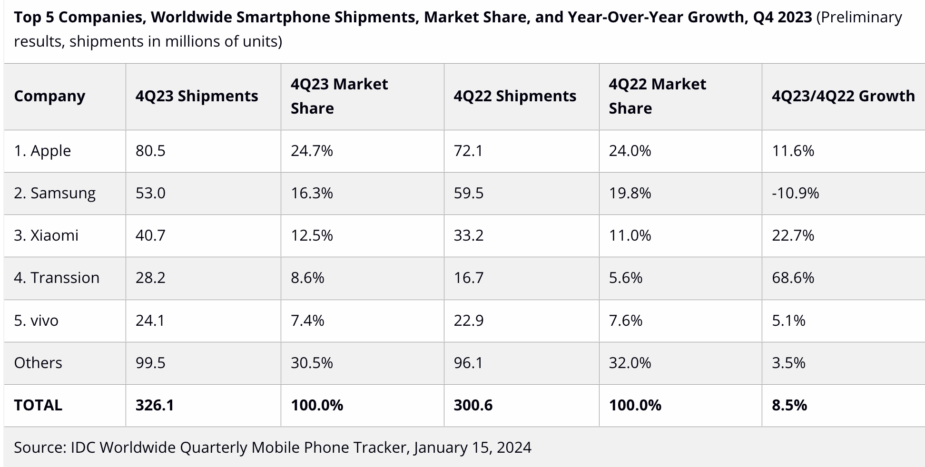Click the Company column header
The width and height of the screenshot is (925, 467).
(x=49, y=96)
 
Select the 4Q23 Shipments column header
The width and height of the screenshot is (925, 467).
(x=197, y=96)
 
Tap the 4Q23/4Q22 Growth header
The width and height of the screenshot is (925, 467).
(x=843, y=96)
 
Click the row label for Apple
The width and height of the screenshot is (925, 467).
(x=42, y=151)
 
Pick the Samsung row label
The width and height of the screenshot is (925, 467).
(x=55, y=193)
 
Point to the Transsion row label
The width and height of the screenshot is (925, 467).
(x=57, y=278)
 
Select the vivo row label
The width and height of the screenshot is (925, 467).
(x=36, y=321)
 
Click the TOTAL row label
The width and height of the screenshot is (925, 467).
(x=38, y=405)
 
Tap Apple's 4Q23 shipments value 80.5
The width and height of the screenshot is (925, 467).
(x=150, y=151)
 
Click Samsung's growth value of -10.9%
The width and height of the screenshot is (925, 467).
(x=795, y=193)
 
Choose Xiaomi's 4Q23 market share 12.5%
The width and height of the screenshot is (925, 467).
(x=312, y=235)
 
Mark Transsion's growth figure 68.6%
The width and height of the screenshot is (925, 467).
(x=793, y=278)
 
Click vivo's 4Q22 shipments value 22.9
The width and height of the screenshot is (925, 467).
(x=468, y=321)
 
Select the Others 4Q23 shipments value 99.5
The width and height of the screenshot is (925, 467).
(x=150, y=363)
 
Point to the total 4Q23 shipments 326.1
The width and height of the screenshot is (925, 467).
(x=155, y=405)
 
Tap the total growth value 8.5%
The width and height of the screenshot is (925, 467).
(x=789, y=405)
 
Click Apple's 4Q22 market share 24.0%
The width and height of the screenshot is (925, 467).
(x=630, y=151)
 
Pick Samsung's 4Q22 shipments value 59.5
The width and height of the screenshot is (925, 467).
(x=468, y=193)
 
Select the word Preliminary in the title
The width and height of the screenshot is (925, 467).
(x=859, y=17)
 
